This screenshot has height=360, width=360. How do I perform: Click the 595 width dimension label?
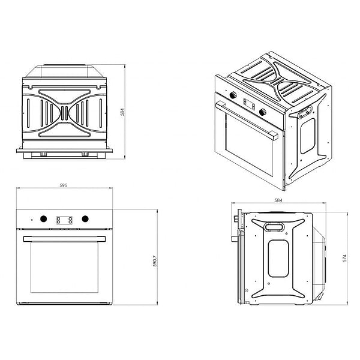point(64,185)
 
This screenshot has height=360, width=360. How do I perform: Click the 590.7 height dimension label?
point(155,261)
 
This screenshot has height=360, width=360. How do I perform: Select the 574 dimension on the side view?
point(344,258)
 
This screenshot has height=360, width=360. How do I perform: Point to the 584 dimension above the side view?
point(278,200)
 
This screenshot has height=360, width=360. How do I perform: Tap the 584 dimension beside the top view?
point(122,112)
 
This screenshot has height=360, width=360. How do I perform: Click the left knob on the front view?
point(43,219)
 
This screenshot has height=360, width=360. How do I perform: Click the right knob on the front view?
point(85,219)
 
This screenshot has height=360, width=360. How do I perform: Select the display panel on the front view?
point(64,220)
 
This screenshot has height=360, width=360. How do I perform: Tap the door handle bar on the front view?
point(64,239)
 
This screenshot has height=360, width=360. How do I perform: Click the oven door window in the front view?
point(65,267)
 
